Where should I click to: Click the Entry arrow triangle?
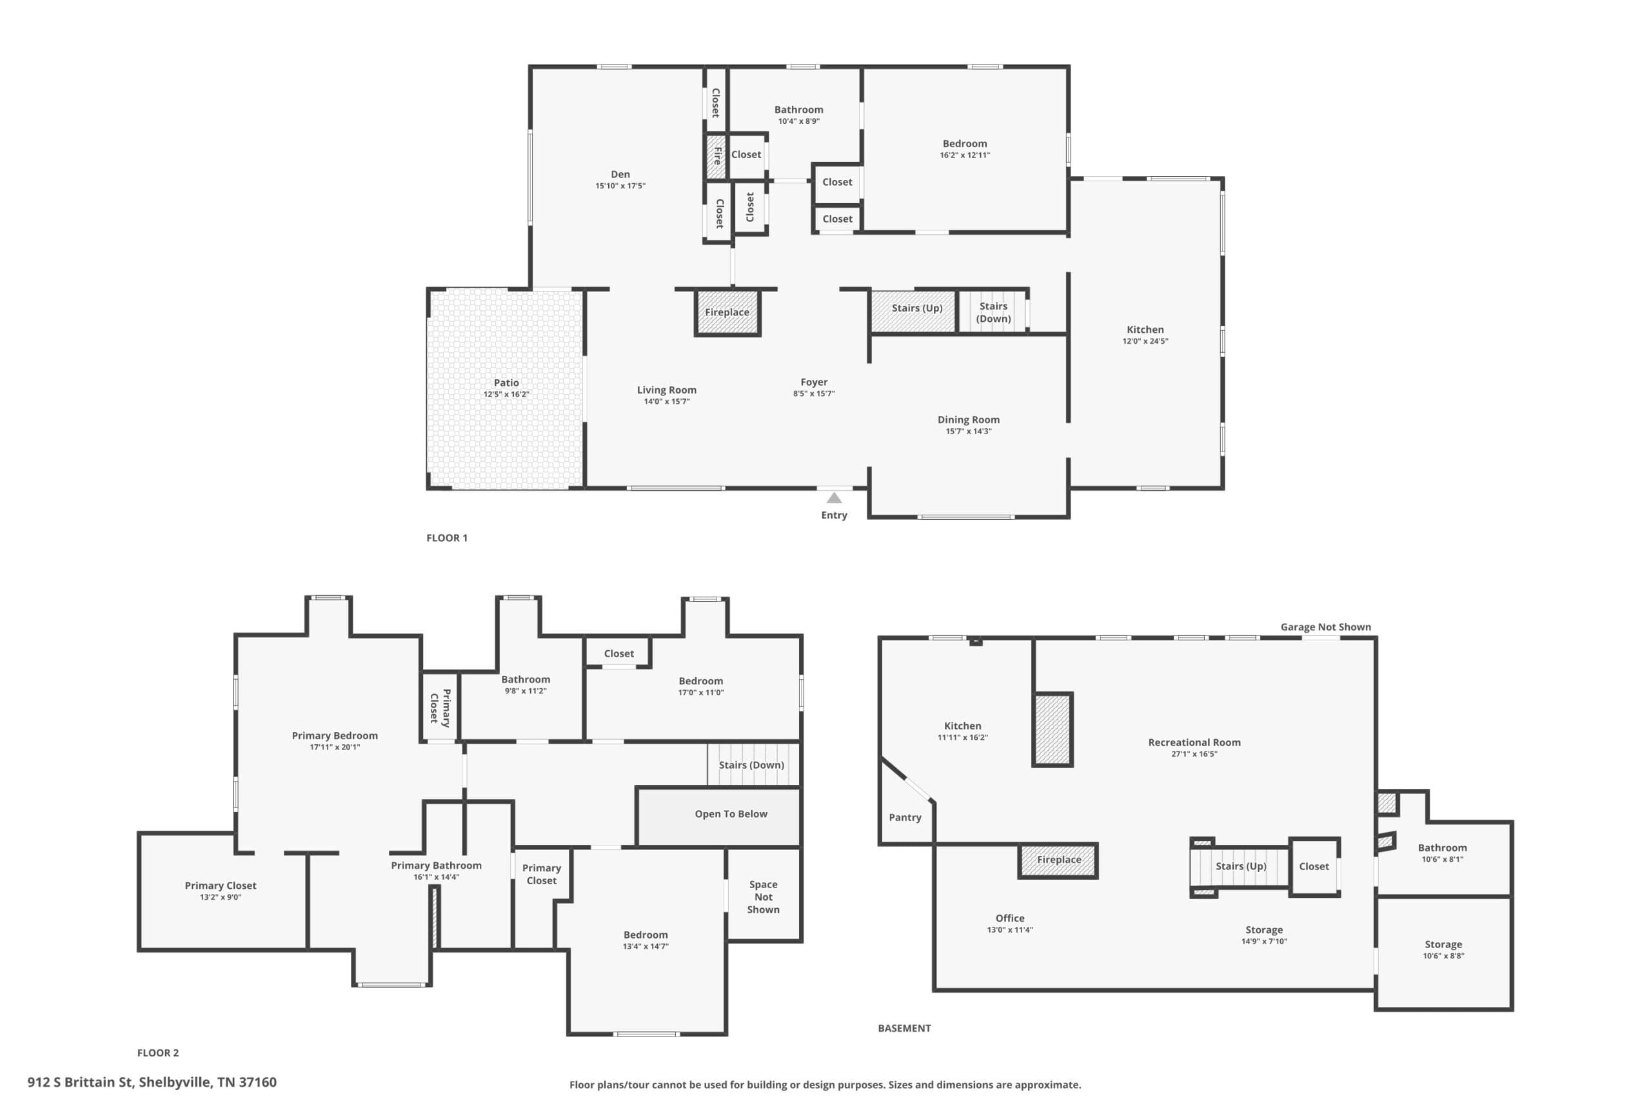pyautogui.click(x=834, y=498)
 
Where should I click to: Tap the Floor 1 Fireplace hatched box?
pyautogui.click(x=727, y=312)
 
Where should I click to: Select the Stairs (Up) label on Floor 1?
pyautogui.click(x=916, y=308)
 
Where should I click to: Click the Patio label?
pyautogui.click(x=506, y=382)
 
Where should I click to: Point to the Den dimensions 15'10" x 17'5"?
pyautogui.click(x=620, y=186)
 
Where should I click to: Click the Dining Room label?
pyautogui.click(x=969, y=420)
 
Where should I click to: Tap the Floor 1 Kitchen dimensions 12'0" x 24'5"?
pyautogui.click(x=1145, y=341)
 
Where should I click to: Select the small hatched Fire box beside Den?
pyautogui.click(x=716, y=155)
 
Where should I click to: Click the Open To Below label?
pyautogui.click(x=731, y=814)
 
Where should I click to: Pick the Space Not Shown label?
pyautogui.click(x=763, y=897)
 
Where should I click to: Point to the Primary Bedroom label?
pyautogui.click(x=335, y=735)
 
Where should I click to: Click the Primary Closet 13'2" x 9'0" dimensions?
pyautogui.click(x=221, y=897)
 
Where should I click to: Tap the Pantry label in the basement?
pyautogui.click(x=905, y=817)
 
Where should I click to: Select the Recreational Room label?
pyautogui.click(x=1194, y=742)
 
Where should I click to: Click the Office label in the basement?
pyautogui.click(x=1010, y=918)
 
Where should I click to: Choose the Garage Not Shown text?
pyautogui.click(x=1325, y=627)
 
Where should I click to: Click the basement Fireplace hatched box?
pyautogui.click(x=1058, y=860)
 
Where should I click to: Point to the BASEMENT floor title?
pyautogui.click(x=904, y=1028)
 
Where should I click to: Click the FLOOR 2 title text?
pyautogui.click(x=158, y=1053)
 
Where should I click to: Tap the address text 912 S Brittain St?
pyautogui.click(x=80, y=1082)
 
